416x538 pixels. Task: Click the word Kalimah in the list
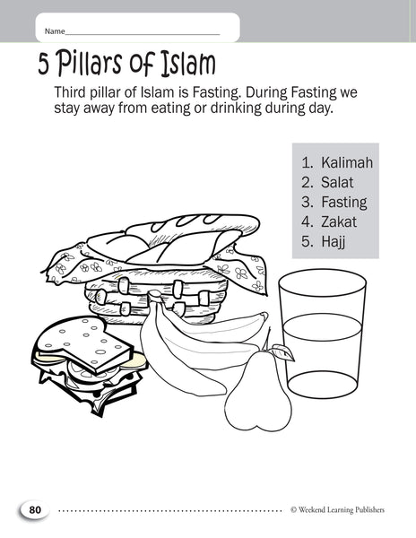click(347, 162)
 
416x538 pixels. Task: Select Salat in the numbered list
click(337, 182)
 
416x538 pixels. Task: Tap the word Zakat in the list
click(339, 221)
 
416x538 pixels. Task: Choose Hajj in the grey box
click(333, 242)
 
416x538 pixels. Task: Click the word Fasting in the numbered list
click(344, 202)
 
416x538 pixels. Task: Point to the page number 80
click(35, 510)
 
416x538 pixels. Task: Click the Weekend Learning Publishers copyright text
click(337, 510)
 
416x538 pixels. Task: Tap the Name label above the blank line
click(55, 31)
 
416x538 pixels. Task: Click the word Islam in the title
click(188, 64)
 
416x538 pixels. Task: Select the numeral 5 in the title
click(44, 65)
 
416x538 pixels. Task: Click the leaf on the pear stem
click(283, 352)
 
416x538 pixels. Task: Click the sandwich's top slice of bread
click(84, 344)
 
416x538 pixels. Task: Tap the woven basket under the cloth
click(156, 297)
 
